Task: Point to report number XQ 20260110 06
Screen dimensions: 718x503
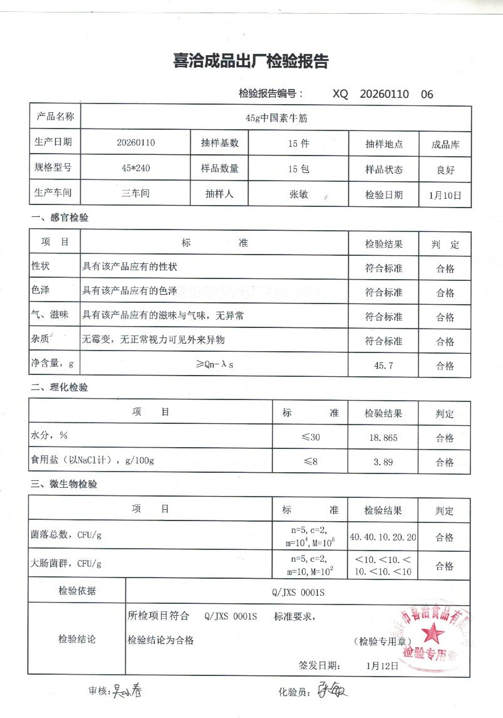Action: [383, 95]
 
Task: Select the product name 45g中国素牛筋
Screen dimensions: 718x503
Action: [276, 117]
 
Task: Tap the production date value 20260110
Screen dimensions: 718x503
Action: [136, 142]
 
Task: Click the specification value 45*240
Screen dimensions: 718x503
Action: [136, 168]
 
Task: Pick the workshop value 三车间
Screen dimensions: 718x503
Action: [136, 194]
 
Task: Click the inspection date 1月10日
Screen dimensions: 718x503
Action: [445, 195]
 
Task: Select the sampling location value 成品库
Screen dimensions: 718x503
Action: [445, 144]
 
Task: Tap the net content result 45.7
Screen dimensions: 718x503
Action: [383, 366]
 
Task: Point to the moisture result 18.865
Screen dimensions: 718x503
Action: [384, 438]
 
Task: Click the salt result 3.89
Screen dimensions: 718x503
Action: [383, 462]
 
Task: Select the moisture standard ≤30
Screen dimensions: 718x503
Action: [311, 437]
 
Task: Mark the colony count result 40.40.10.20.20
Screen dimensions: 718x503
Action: [384, 537]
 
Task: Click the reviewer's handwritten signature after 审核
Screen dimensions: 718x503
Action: [129, 691]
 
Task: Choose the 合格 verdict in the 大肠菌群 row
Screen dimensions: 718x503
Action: [445, 566]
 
